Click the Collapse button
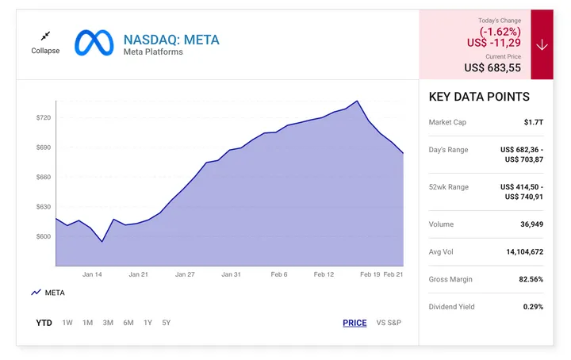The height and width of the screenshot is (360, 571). (45, 42)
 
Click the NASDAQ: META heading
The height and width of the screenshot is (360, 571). (171, 40)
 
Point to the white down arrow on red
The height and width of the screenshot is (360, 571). (542, 44)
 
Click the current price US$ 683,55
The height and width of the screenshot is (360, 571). (492, 68)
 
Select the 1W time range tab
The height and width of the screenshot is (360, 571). (67, 323)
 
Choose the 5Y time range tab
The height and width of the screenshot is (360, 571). (166, 323)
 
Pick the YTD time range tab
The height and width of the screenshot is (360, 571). (44, 323)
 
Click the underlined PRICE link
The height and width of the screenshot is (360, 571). (354, 323)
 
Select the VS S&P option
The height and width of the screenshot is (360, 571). (389, 323)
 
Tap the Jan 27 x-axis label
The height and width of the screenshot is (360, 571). (185, 274)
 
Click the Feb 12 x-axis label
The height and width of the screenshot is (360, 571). (324, 274)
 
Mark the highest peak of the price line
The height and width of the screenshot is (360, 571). (358, 101)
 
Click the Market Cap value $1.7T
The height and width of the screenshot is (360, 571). (533, 122)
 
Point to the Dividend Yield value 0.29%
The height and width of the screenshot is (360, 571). (533, 306)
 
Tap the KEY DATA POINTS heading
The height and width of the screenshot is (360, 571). (479, 97)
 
